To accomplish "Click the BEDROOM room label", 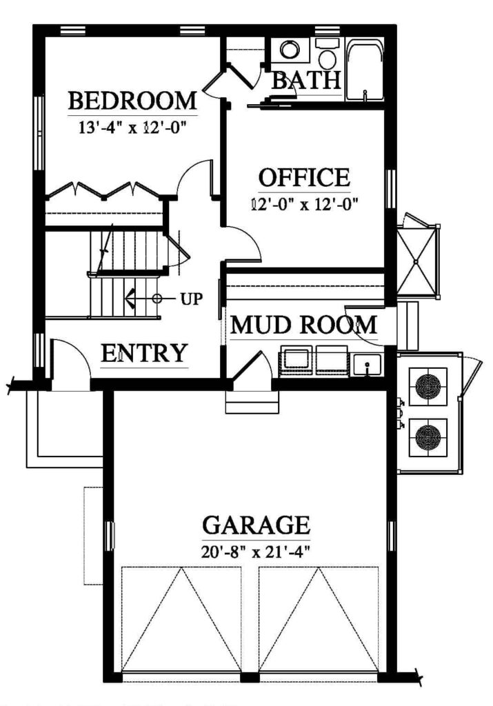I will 133,101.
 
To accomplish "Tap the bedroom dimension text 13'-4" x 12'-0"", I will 133,128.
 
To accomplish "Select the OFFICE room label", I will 304,178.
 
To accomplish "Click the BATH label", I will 305,81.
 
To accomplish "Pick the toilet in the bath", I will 326,52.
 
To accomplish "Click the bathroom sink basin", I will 290,50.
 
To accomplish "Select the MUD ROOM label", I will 303,325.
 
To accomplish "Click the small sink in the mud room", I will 368,363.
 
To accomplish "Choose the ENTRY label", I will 143,353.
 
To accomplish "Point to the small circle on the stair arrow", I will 157,299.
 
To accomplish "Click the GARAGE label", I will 256,525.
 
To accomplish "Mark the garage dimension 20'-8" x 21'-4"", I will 256,551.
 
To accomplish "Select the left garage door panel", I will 181,618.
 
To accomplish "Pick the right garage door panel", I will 319,618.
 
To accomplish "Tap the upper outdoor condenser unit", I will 428,386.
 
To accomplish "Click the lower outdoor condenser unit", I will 428,437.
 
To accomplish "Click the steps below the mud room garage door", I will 252,403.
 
